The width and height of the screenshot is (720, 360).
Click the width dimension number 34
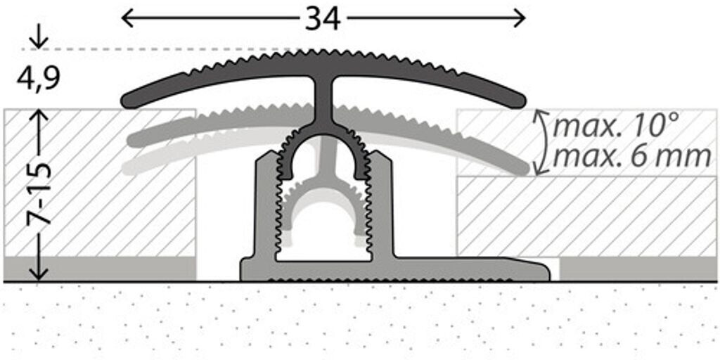click(x=323, y=19)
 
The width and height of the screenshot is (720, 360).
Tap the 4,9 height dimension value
click(x=38, y=77)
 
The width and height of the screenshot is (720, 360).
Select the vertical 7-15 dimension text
click(x=41, y=193)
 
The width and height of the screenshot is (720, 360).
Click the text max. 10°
click(x=615, y=127)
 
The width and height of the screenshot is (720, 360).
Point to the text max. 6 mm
click(x=631, y=156)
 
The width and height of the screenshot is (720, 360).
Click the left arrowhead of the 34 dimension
click(x=127, y=18)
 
